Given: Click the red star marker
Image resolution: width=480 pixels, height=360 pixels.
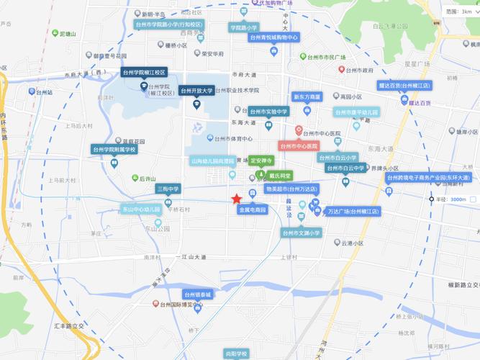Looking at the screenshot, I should coord(236,199).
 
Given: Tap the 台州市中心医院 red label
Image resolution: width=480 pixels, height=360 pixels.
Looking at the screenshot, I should coord(299,145).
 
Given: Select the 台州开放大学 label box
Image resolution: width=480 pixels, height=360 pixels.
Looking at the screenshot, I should coord(196,91).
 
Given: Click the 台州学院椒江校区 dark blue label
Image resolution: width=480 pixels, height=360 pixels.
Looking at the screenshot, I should coord(144,73).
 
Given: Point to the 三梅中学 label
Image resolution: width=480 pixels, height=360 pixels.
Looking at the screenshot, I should coord(168,189).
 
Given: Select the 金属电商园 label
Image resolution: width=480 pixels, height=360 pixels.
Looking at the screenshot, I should coord(253,210).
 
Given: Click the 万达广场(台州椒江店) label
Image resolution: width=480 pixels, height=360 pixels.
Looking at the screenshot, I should coord(353,212).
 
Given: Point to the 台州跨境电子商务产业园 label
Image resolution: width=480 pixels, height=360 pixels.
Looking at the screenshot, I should coord(428,177).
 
